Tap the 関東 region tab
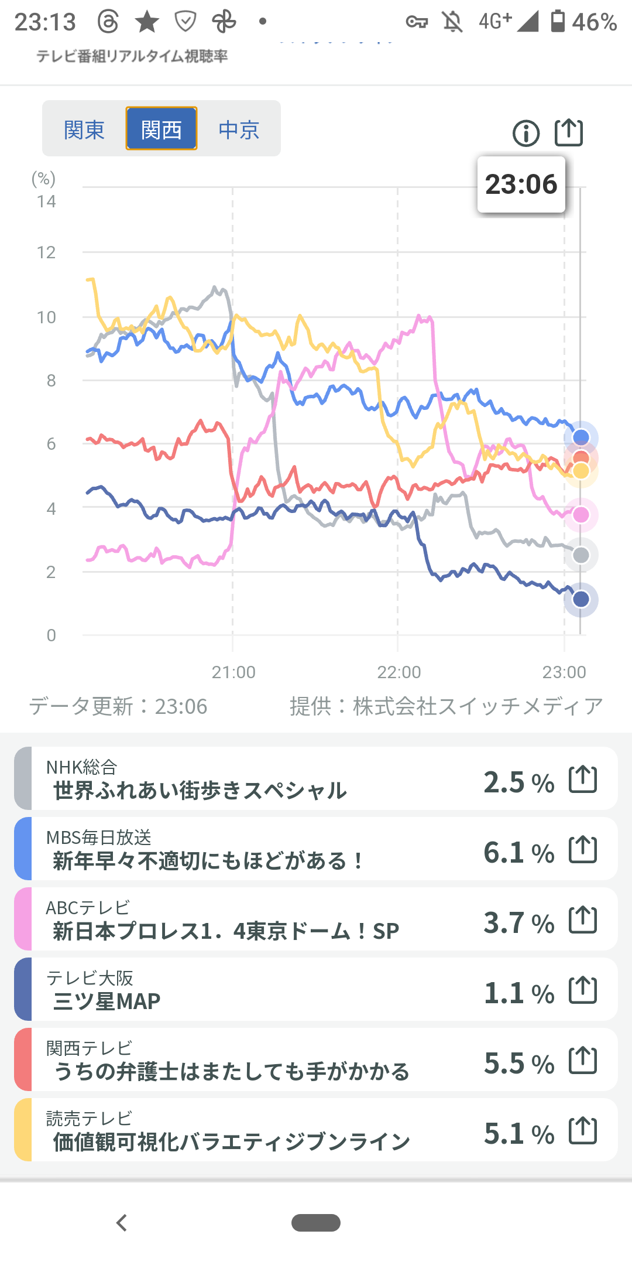84,129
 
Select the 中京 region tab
239,129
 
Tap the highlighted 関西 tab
162,129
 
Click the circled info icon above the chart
525,133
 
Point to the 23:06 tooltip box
521,184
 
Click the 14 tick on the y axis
46,202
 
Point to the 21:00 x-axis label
233,672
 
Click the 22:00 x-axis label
399,672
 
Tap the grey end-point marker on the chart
581,555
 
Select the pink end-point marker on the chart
581,515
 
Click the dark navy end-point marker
581,599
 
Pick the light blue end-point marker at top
581,437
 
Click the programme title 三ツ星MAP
107,1001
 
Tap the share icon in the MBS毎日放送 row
583,850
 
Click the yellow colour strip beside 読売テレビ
23,1130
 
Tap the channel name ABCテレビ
88,908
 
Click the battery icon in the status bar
558,22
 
